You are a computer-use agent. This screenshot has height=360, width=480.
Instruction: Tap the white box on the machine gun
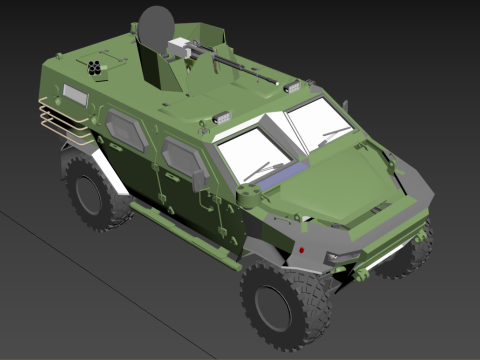click(181, 46)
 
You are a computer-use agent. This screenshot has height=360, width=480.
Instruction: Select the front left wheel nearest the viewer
click(284, 303)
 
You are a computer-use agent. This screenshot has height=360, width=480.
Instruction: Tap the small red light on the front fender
click(300, 246)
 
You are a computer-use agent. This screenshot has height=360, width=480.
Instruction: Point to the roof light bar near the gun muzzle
click(292, 87)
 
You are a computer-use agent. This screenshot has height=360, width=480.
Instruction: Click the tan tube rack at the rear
click(58, 121)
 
